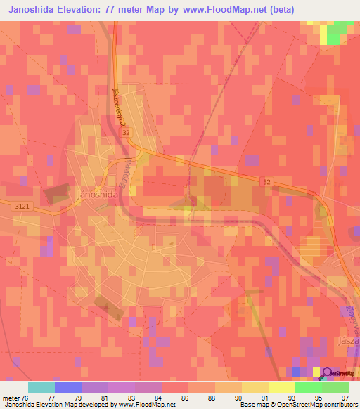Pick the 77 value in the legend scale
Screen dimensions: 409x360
point(51,397)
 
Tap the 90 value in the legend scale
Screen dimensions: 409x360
point(238,397)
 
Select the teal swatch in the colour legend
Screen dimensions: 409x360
point(41,387)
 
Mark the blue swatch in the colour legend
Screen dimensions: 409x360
point(67,387)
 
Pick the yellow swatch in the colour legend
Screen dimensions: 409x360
point(255,387)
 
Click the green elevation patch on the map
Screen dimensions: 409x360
point(340,32)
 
